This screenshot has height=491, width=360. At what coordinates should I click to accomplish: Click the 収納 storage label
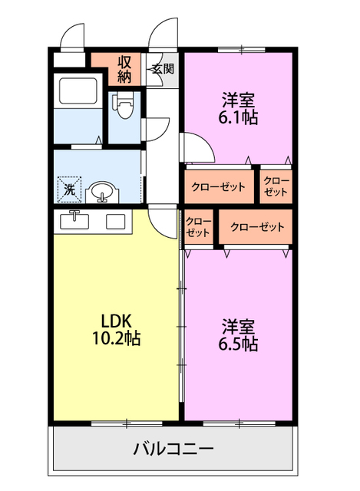coord(125,68)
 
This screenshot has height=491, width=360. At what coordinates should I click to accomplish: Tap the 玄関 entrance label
coord(162,68)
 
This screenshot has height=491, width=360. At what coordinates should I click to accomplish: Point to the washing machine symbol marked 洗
coord(68,188)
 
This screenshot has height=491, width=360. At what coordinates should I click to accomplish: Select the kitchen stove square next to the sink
coord(116,222)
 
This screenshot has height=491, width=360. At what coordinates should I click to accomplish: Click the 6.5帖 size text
coord(239,344)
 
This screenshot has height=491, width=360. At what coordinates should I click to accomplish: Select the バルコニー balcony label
coord(173,448)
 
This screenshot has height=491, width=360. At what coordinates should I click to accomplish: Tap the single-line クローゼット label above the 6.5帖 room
coord(257,227)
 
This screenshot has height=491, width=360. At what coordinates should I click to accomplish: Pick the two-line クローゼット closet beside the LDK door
coord(198,227)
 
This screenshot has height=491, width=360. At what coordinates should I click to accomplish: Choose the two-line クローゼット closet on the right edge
coord(276,186)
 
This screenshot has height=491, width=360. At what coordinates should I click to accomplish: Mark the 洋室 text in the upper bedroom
coord(239,100)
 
